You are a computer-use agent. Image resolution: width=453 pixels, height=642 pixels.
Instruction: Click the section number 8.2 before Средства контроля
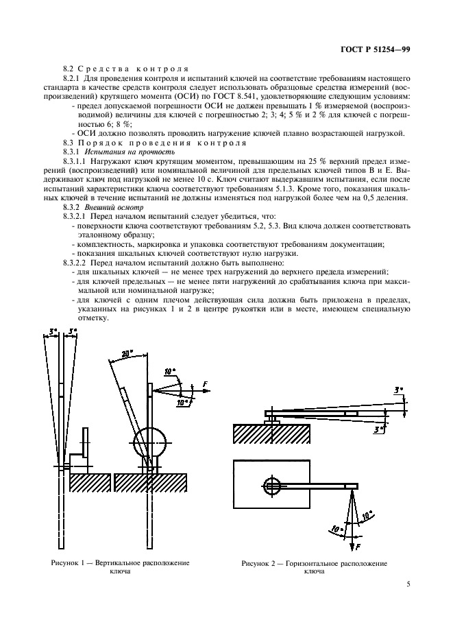(67, 70)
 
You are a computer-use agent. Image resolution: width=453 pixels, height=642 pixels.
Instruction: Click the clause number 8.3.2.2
(77, 262)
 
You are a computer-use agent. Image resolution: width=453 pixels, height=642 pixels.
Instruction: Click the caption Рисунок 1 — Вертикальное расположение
(120, 562)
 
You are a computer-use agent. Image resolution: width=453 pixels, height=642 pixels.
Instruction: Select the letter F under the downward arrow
(358, 547)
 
